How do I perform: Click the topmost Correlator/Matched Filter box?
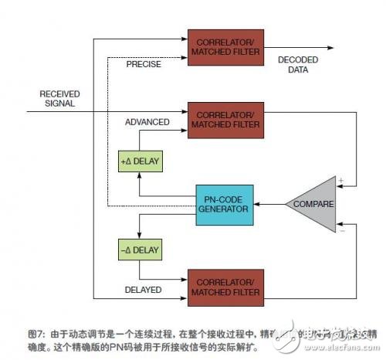[x=223, y=48]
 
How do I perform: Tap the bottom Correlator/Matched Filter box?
[x=223, y=284]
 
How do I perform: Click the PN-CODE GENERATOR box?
[x=224, y=204]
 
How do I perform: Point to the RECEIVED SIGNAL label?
[x=58, y=98]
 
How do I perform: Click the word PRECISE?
[x=145, y=64]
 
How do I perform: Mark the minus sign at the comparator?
[x=341, y=229]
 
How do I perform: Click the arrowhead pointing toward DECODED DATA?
[x=330, y=48]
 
